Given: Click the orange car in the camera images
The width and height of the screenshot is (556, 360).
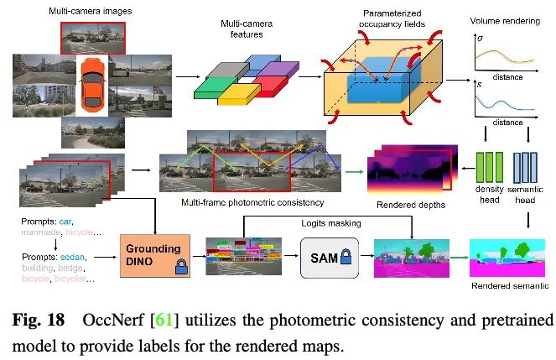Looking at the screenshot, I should (x=92, y=85).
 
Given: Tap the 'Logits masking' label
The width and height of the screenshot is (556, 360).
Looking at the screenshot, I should (x=331, y=223).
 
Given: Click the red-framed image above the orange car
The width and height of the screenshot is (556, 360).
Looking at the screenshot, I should (x=92, y=37).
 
